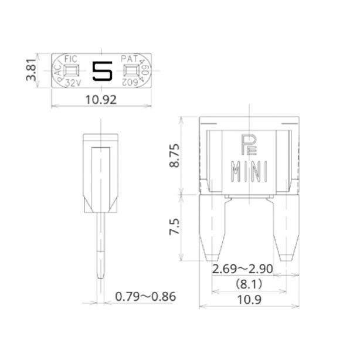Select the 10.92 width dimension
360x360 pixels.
(100, 100)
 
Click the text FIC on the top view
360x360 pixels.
(71, 59)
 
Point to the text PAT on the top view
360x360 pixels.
(129, 59)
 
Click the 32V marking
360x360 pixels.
(72, 83)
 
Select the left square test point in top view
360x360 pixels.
(72, 71)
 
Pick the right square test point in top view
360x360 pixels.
(130, 71)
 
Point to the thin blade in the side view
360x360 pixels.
(101, 246)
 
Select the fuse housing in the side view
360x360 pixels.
(100, 173)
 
